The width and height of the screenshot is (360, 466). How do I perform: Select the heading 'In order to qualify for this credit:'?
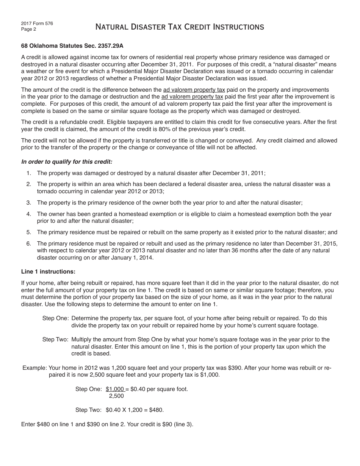(67, 161)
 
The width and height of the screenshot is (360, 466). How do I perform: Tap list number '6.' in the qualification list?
(29, 243)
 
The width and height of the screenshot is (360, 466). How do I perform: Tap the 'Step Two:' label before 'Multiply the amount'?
(55, 339)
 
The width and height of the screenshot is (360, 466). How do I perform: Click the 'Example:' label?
(35, 368)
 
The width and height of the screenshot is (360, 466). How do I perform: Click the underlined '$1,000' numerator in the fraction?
(115, 389)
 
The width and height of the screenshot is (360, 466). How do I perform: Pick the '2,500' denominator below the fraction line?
(116, 396)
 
